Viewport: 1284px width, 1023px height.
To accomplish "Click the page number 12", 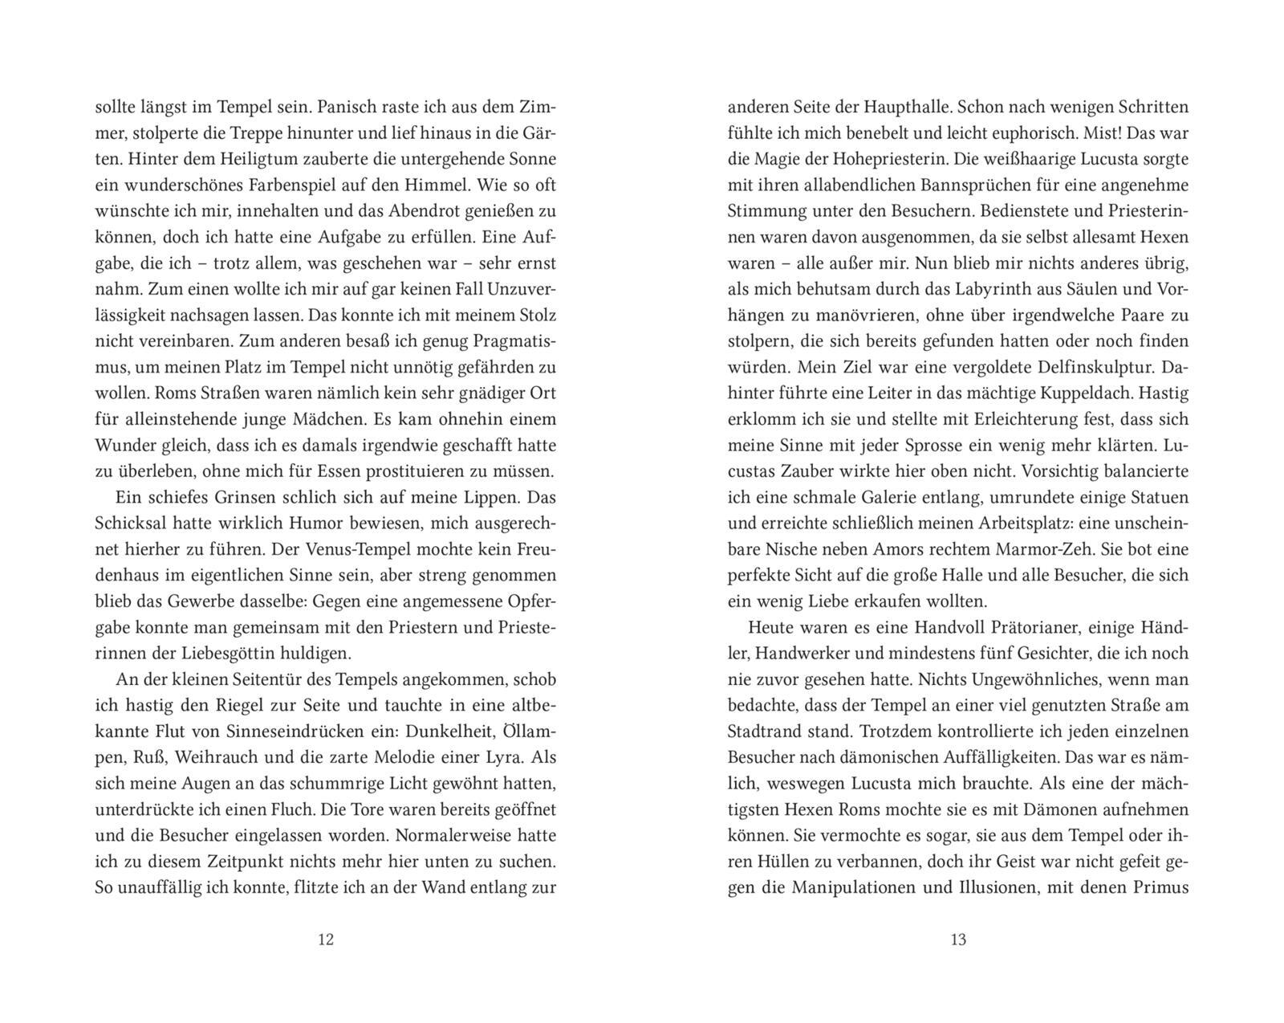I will (x=325, y=939).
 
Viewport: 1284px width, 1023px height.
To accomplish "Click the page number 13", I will (x=958, y=939).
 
